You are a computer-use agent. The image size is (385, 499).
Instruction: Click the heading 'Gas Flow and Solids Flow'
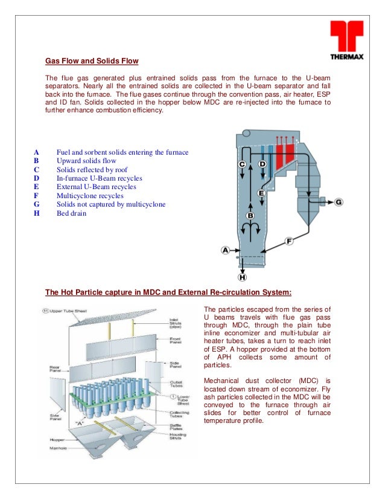pos(92,61)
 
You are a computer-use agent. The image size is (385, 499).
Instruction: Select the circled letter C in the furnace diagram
pos(243,164)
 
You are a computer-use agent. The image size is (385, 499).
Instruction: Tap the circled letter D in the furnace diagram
pos(262,164)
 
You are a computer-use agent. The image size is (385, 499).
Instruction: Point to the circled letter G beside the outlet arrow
pos(338,202)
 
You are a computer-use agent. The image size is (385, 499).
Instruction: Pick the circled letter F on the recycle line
pos(288,241)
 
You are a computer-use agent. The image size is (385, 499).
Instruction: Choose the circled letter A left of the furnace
pos(226,249)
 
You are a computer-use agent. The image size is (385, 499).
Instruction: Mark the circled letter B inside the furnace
pos(250,215)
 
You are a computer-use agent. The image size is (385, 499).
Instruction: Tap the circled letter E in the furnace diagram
pos(262,193)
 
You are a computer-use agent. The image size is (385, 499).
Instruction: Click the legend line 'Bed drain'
pos(71,213)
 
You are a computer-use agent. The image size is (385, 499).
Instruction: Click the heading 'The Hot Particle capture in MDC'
pos(168,293)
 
